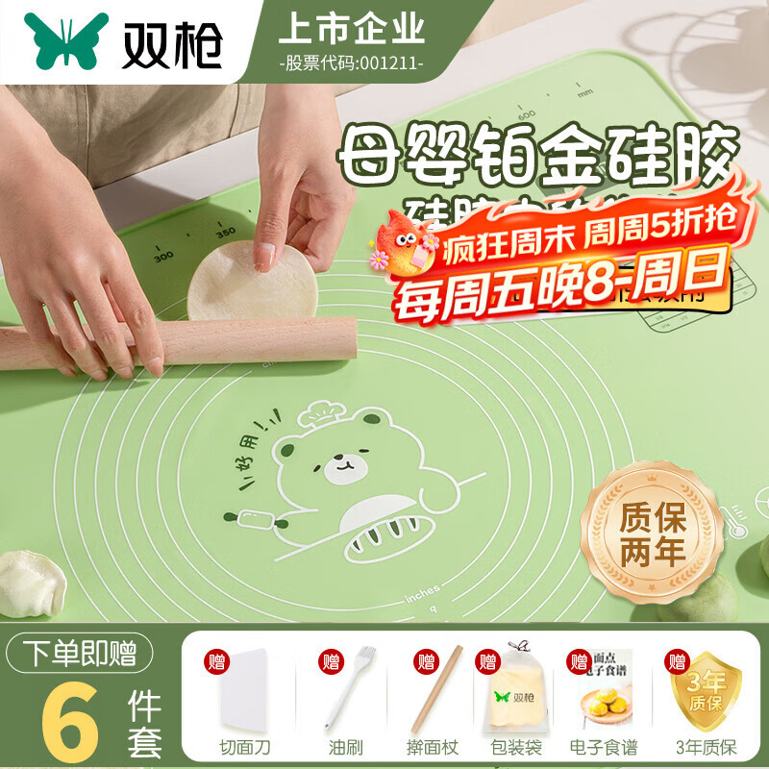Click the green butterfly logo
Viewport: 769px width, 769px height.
(67, 41)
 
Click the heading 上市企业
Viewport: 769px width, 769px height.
(351, 30)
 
